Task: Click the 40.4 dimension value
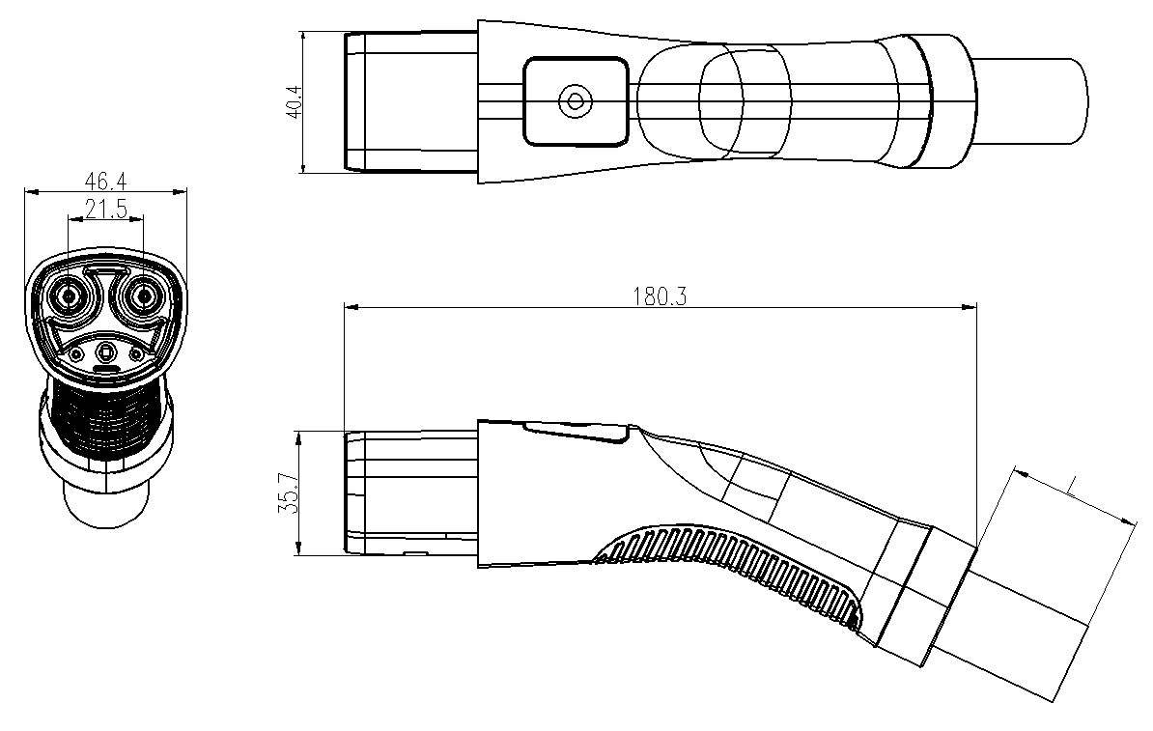[294, 101]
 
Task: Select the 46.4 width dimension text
[106, 181]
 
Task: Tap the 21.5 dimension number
[106, 209]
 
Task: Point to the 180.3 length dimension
[660, 296]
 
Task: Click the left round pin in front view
[70, 296]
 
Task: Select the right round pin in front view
[143, 296]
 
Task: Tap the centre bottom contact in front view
[106, 353]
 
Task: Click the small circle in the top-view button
[575, 100]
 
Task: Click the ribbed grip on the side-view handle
[729, 573]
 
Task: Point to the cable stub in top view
[1029, 100]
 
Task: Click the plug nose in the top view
[411, 100]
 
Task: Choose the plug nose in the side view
[411, 492]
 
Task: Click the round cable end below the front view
[106, 502]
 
